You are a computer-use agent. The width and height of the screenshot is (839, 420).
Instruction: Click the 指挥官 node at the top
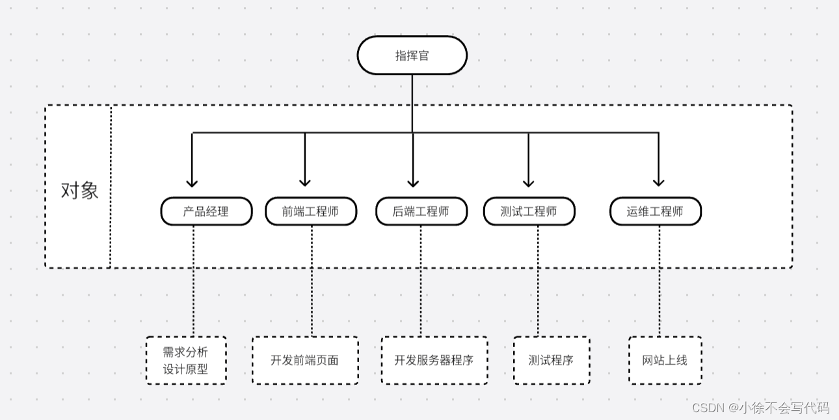coord(412,55)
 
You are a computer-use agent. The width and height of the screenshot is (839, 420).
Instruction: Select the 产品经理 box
coord(206,211)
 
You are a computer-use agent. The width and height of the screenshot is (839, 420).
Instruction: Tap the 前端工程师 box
coord(311,211)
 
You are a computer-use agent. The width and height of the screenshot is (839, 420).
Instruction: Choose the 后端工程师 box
coord(421,211)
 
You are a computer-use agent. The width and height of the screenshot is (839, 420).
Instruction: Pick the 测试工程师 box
coord(529,211)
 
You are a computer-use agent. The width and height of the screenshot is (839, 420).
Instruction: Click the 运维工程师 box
coord(656,211)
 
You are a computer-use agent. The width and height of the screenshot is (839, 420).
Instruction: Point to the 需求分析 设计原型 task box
coord(186,360)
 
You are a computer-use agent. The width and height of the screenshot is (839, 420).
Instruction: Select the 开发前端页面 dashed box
coord(305,360)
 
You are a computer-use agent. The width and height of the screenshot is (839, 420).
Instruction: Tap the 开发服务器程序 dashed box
coord(434,360)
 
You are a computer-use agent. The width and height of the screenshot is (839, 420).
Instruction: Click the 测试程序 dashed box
coord(552,360)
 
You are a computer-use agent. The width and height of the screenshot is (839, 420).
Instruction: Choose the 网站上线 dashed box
coord(665,360)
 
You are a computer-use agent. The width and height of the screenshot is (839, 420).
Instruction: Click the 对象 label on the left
coord(79,191)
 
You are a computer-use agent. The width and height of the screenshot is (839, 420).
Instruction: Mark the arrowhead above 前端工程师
coord(305,183)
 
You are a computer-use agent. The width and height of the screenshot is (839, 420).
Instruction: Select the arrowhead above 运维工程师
coord(658,183)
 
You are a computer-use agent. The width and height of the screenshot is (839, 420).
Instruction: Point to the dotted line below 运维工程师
coord(659,281)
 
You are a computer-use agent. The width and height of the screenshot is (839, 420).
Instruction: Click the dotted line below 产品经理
coord(193,281)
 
